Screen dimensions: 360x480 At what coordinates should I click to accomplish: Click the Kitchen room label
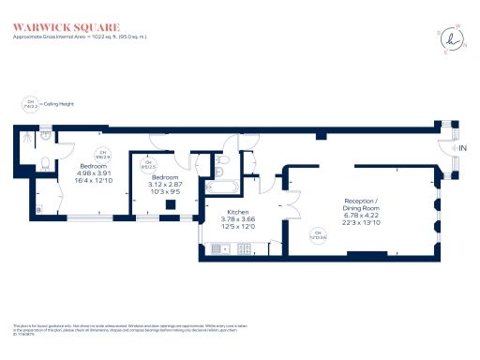click(238, 219)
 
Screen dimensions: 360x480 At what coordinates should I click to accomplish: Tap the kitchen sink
click(218, 248)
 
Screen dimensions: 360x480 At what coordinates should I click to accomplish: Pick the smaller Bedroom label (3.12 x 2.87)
click(165, 184)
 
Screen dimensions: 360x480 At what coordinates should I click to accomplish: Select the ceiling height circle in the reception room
click(319, 233)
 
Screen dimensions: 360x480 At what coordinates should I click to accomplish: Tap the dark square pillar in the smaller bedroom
click(170, 205)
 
